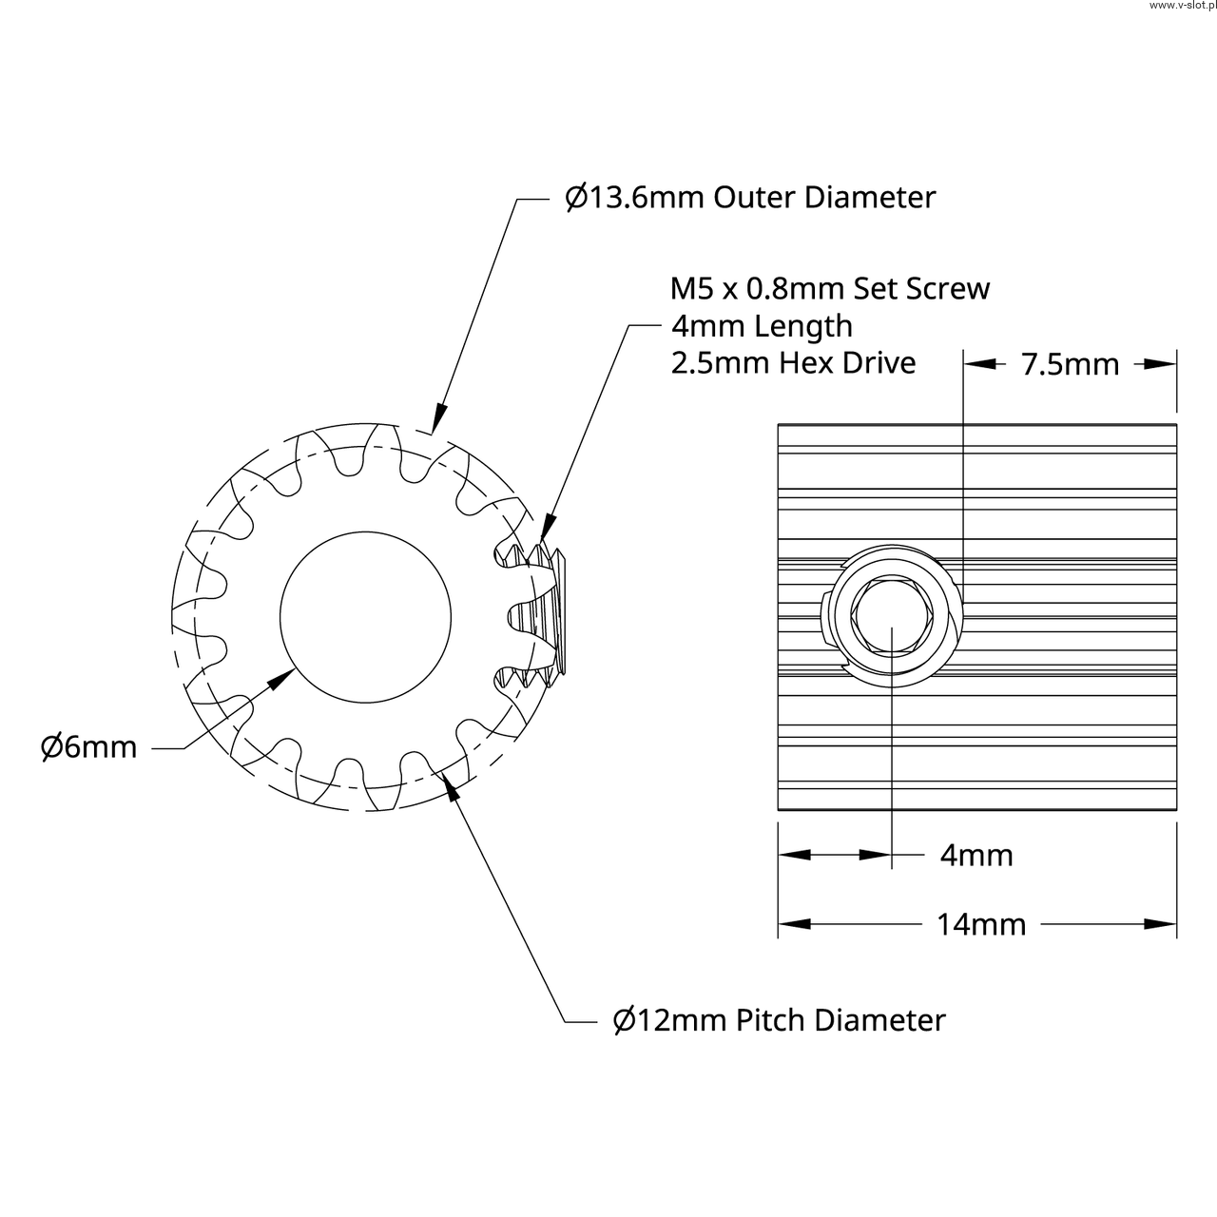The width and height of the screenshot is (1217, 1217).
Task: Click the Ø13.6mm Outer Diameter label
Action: click(750, 198)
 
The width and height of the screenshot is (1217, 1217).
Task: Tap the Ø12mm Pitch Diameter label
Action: click(779, 1020)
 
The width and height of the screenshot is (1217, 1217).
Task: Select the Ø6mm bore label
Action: click(88, 747)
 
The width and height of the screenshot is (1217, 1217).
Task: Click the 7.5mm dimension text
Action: click(1070, 364)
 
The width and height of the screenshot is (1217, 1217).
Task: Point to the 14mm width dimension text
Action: click(981, 924)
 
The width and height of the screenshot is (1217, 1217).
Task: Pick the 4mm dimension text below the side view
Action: click(976, 856)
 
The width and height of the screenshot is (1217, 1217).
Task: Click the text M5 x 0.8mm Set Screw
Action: click(830, 288)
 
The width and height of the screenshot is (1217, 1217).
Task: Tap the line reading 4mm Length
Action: click(762, 326)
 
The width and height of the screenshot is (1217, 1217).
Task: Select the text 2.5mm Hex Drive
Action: click(793, 363)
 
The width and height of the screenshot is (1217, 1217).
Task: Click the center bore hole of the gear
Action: click(366, 617)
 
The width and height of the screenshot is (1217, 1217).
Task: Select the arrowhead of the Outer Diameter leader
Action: click(438, 417)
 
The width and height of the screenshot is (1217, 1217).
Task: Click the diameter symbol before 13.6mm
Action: click(575, 198)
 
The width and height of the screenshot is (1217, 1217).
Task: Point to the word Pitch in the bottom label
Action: click(773, 1020)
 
